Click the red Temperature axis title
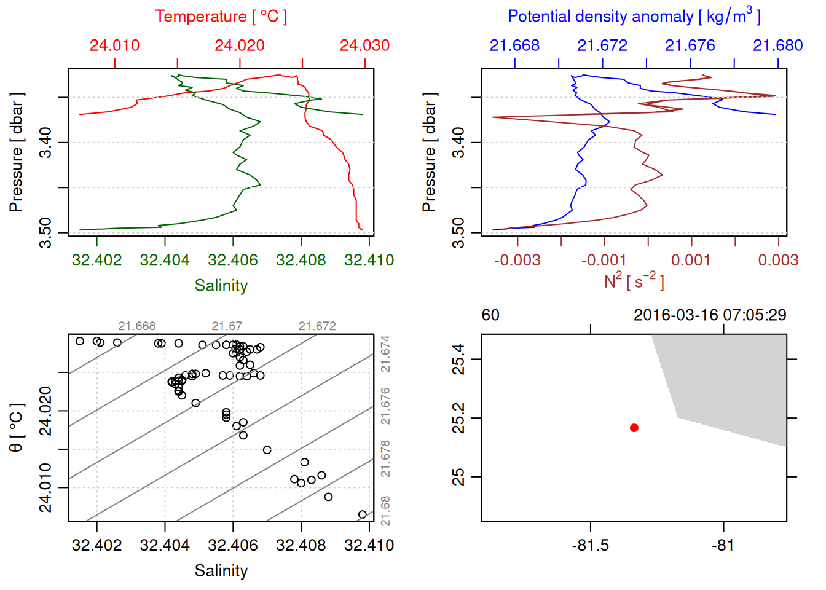click(221, 17)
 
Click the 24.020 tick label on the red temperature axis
click(240, 45)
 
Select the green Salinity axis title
click(221, 286)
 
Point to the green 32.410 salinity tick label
click(369, 261)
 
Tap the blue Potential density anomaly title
click(634, 17)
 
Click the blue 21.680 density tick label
click(777, 45)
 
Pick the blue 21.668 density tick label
click(514, 45)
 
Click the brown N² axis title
click(634, 281)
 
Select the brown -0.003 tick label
click(517, 261)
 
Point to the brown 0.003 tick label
click(778, 261)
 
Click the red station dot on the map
click(634, 428)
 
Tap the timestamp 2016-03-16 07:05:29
click(710, 315)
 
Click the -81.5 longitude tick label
click(591, 546)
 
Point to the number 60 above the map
click(490, 315)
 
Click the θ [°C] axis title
click(17, 428)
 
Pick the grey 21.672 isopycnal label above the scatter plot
click(317, 326)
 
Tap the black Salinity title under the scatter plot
click(221, 571)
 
